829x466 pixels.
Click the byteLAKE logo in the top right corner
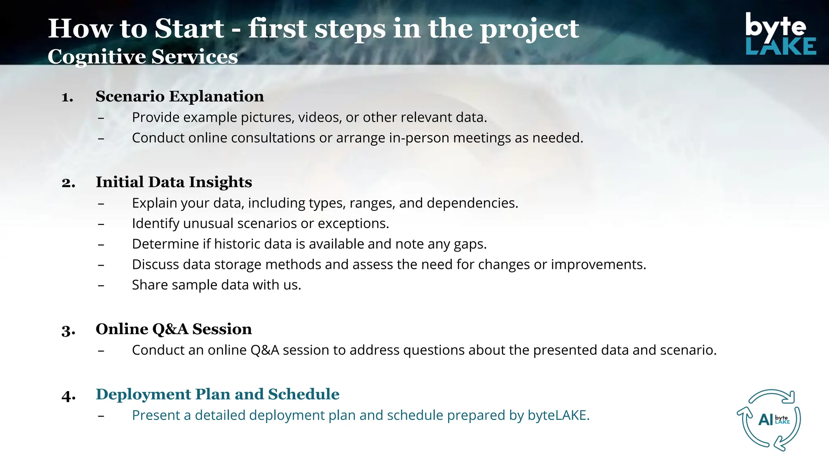pos(780,34)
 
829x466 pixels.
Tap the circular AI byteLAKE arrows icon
pos(769,420)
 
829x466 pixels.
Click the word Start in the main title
pos(189,29)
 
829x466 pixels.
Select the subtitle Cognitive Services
pos(142,57)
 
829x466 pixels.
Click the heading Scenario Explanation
pos(179,97)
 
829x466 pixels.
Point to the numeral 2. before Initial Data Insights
pos(68,183)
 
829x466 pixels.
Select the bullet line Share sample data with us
pos(216,285)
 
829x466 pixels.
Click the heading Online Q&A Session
pos(173,329)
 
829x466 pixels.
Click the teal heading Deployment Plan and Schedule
pos(217,394)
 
